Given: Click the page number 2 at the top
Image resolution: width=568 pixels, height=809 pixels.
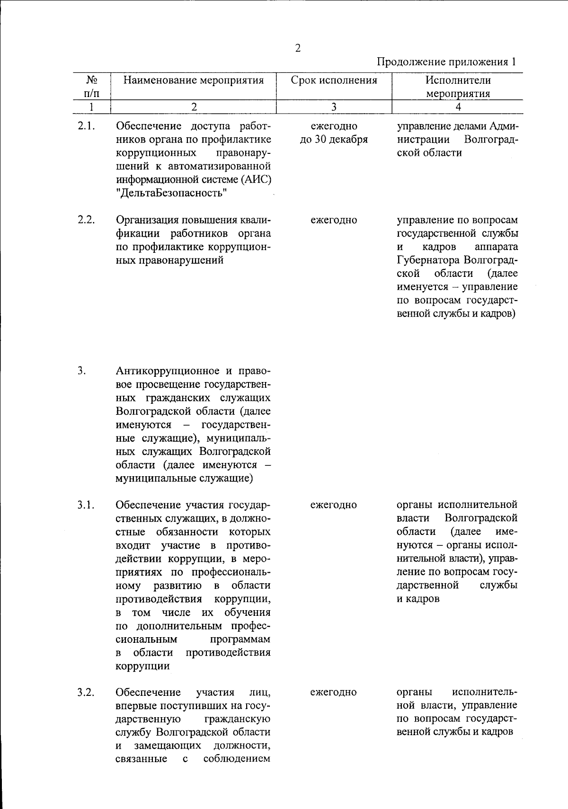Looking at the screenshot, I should coord(298,48).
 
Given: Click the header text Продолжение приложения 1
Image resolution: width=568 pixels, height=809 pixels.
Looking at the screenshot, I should coord(446,62).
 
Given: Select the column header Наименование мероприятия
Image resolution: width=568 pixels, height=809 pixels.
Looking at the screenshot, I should coord(193,80).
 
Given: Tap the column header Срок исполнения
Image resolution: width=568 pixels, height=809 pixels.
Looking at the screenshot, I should coord(334,80).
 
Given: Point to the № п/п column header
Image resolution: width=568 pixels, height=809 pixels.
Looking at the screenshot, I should coord(91,86).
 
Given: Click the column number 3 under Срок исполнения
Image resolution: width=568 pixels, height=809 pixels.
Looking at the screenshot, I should coord(334,107).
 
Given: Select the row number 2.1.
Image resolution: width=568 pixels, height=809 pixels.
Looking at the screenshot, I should coord(87,126).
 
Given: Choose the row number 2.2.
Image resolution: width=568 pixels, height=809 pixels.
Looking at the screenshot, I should coord(87,220).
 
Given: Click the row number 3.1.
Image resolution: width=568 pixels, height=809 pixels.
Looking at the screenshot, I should coord(87,505).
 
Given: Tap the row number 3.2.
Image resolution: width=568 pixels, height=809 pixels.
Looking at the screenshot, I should coord(87,693).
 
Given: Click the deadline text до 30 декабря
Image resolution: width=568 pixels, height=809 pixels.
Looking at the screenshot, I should coord(334,140).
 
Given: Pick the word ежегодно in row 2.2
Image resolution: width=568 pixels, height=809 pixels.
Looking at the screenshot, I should coord(334,220).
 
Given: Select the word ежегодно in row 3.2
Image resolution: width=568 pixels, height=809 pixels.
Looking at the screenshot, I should coord(334,693).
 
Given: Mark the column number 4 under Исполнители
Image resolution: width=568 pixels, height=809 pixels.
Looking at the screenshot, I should coord(458,107).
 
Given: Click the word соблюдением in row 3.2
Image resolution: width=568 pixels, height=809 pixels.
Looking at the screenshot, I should coord(237,759).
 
